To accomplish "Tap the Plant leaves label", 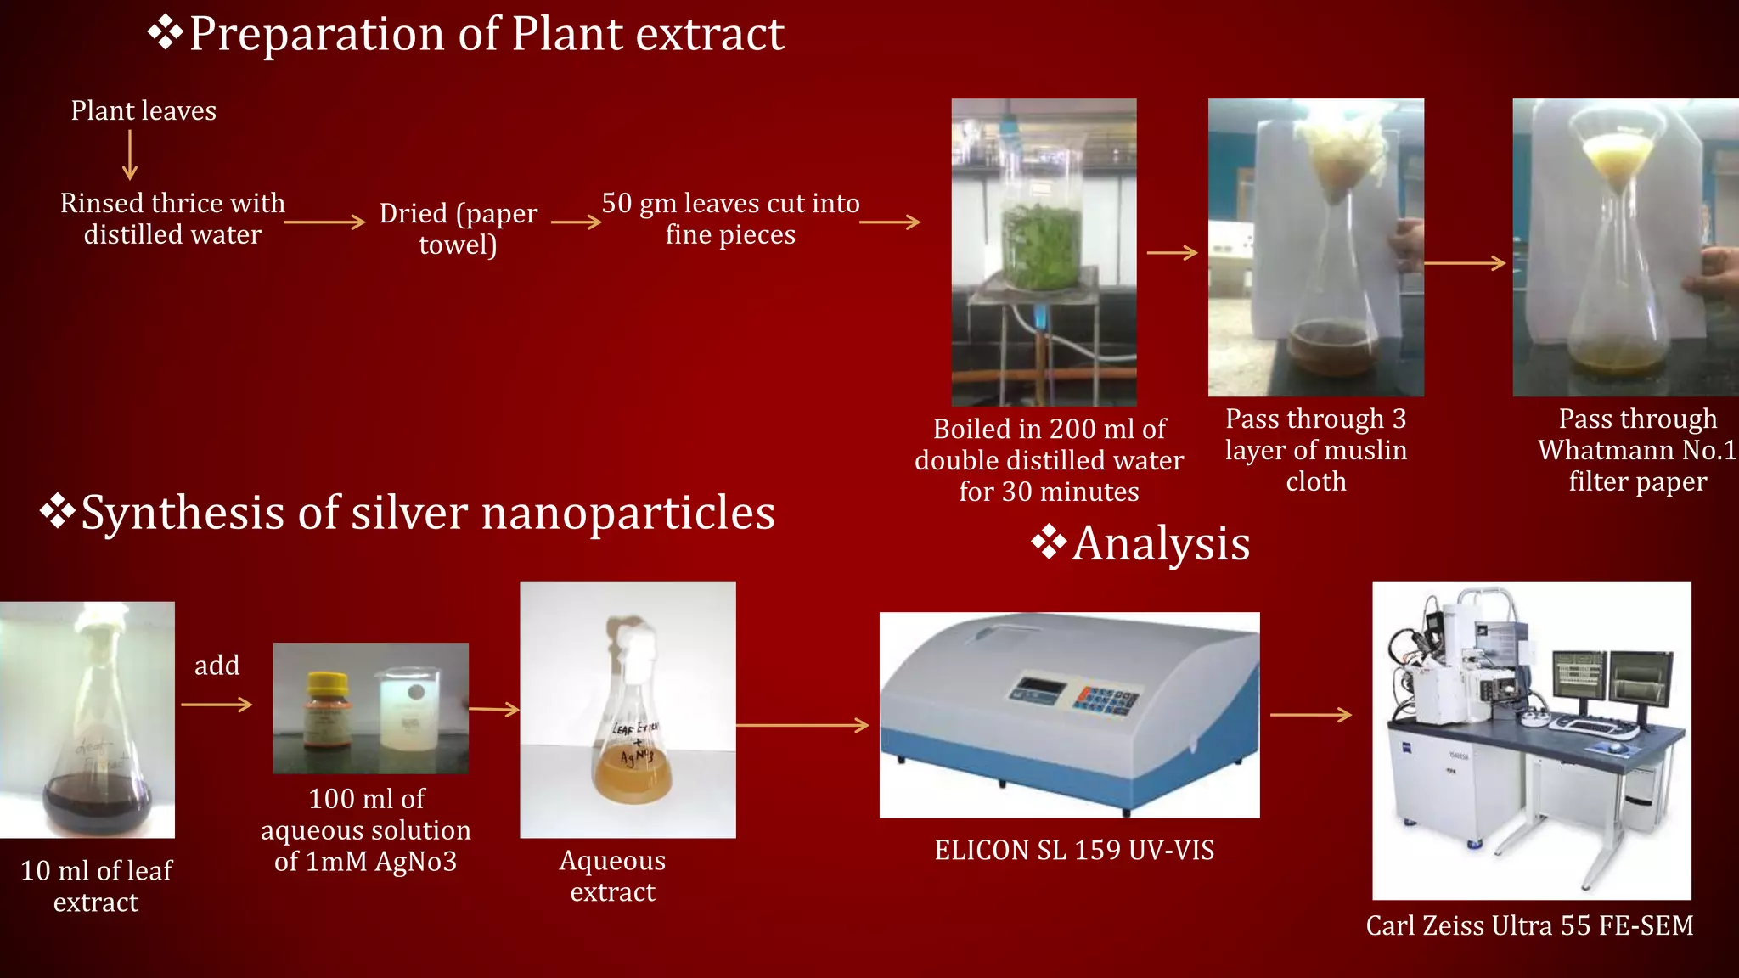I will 144,111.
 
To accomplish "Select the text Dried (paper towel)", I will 458,228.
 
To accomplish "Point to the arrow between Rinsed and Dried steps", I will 324,222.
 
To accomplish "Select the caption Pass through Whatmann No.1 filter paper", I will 1637,450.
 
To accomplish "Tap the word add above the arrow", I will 217,666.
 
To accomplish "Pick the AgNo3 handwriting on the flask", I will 636,755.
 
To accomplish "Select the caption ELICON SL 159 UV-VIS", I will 1074,851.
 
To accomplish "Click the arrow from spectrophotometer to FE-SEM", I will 1310,715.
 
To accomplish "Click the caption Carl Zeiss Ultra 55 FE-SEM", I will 1529,925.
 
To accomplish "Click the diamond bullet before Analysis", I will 1049,542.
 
